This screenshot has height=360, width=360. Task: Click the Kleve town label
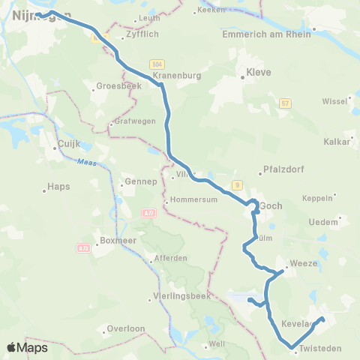(x=258, y=73)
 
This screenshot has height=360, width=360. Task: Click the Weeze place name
(x=305, y=263)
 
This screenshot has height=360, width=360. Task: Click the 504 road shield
(x=156, y=65)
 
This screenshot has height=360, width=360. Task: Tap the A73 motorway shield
(x=82, y=247)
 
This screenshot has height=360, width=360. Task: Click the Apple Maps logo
(x=27, y=347)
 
